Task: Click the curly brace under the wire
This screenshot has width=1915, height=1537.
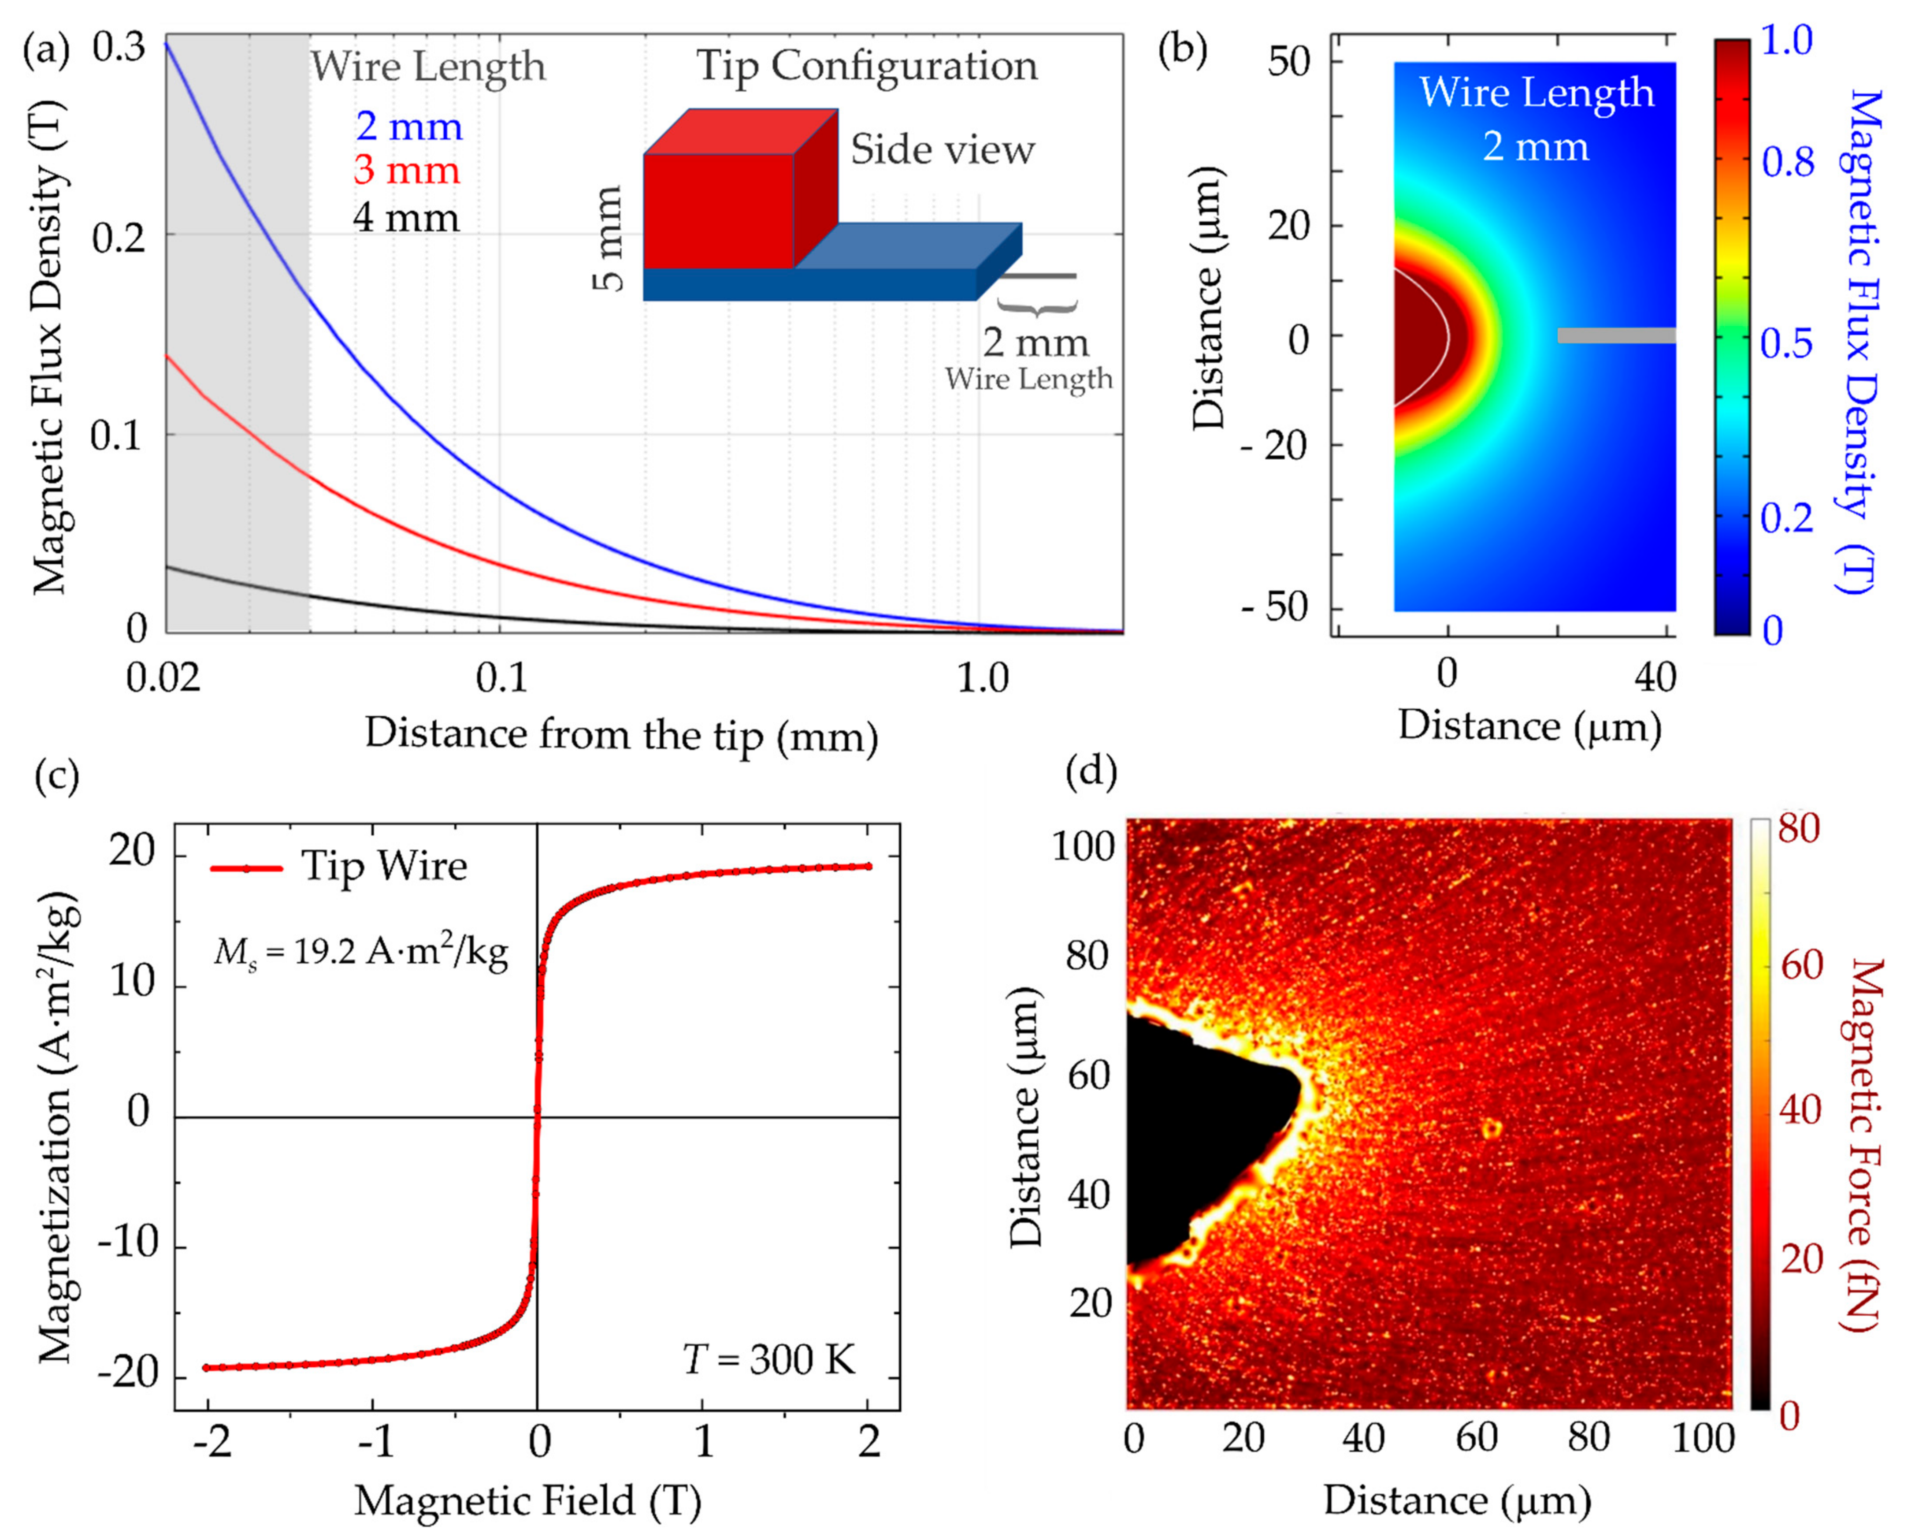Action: pyautogui.click(x=1037, y=306)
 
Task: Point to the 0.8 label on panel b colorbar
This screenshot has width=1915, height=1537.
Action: pyautogui.click(x=1787, y=162)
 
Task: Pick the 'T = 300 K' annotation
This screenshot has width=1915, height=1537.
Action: pyautogui.click(x=769, y=1359)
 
